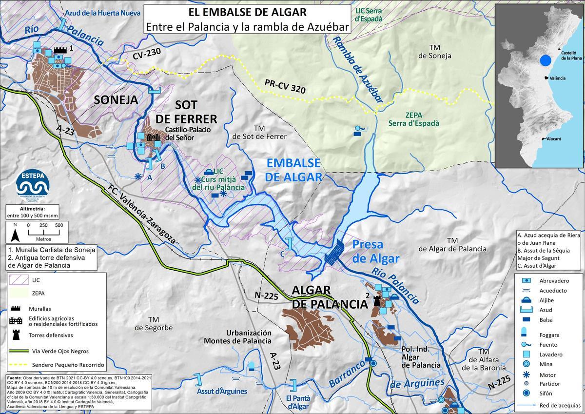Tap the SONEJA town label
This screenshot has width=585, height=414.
click(116, 101)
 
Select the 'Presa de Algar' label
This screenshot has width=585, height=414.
click(375, 251)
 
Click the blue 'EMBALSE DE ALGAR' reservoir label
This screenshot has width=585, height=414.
click(293, 169)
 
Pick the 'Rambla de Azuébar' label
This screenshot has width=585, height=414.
click(358, 68)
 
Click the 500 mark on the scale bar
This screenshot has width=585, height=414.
click(58, 225)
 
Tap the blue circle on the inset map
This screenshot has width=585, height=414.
click(546, 60)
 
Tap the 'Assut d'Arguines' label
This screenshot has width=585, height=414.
click(222, 391)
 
